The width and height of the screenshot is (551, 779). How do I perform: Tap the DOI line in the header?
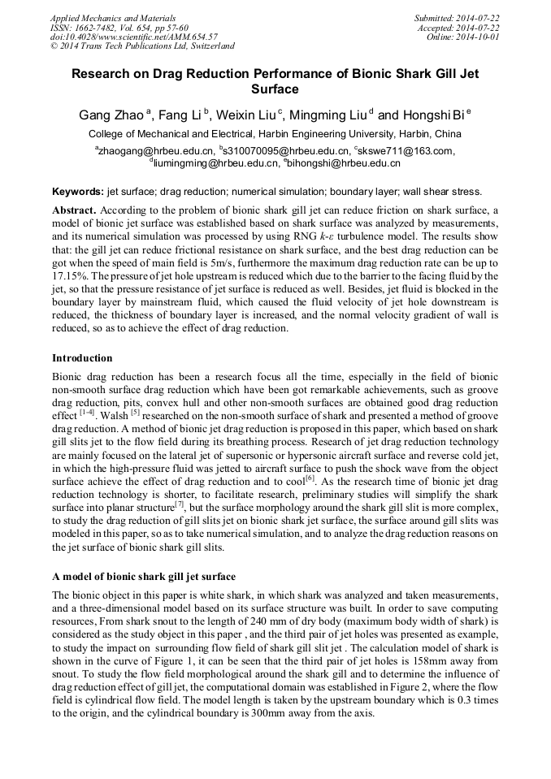(133, 37)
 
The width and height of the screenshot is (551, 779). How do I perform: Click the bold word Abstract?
(74, 210)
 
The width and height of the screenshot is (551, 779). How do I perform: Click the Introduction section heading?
(82, 358)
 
